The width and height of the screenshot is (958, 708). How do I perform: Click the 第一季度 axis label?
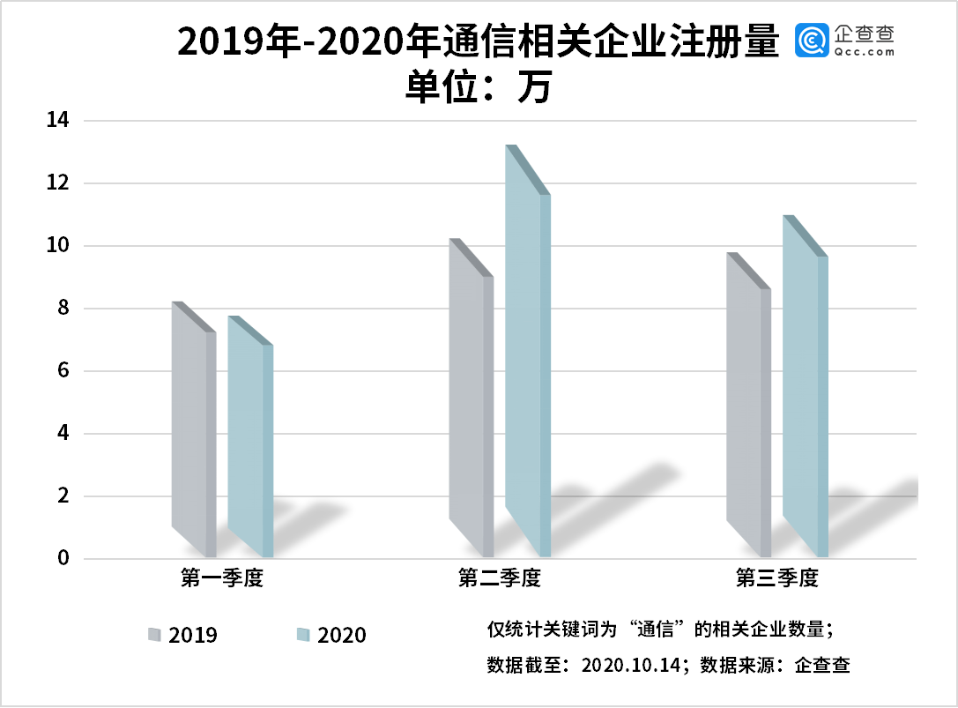click(222, 579)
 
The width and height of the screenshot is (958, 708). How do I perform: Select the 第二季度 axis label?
click(499, 579)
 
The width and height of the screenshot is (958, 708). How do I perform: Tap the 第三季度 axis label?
click(777, 579)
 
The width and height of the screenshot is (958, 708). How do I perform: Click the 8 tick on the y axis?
click(63, 309)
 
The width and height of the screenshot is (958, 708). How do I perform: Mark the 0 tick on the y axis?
click(63, 559)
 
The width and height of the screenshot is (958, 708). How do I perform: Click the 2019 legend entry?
click(183, 635)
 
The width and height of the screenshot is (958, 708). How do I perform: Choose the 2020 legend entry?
click(331, 635)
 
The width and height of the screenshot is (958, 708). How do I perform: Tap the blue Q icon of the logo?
click(812, 40)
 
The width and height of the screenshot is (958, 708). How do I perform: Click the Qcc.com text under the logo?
click(863, 52)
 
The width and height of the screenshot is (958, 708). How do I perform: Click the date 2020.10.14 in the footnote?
click(635, 666)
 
